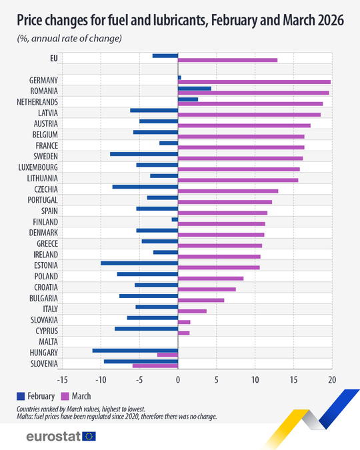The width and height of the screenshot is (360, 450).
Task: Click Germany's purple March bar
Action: tap(254, 81)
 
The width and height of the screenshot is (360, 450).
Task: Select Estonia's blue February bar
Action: tap(139, 263)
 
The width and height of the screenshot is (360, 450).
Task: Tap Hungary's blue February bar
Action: tap(135, 350)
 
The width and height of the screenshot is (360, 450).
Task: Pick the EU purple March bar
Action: tap(227, 60)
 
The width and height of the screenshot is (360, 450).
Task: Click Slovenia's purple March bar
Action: tap(155, 365)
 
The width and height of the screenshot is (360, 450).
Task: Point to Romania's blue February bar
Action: tap(194, 88)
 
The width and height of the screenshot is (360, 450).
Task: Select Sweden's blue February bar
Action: tap(144, 154)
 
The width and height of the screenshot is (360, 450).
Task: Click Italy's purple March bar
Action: tap(192, 311)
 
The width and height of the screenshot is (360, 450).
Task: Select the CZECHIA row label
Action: tap(43, 189)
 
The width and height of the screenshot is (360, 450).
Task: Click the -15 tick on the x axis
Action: tap(62, 379)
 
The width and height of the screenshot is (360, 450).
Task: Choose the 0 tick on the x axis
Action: tap(178, 379)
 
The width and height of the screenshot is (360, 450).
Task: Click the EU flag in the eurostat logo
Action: tap(88, 436)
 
